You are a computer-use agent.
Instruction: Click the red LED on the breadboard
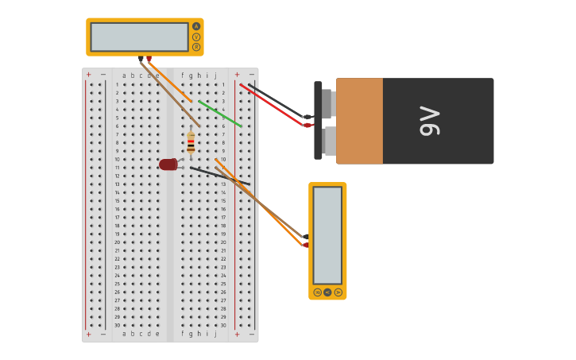coord(168,165)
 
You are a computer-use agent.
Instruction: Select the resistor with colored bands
coord(191,144)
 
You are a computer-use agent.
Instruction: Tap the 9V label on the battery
coord(430,121)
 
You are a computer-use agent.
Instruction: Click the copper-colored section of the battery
coord(359,121)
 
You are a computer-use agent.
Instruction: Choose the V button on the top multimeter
coord(196,37)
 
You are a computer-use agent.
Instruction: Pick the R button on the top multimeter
coord(196,47)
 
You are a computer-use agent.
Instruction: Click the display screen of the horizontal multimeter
coord(139,37)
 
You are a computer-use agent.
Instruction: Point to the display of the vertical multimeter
coord(327,235)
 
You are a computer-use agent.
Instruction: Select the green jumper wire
coord(220,114)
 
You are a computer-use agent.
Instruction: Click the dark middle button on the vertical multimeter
coord(327,292)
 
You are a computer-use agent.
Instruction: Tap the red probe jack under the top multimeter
coord(149,59)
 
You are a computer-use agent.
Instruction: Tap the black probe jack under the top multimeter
coord(141,59)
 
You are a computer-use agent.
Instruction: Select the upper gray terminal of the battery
coord(327,103)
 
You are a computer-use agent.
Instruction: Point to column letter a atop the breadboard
coord(124,75)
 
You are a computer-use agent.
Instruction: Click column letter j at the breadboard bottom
coord(215,334)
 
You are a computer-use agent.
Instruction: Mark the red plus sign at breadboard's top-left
coord(88,75)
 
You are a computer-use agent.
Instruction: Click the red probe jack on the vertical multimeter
coord(306,245)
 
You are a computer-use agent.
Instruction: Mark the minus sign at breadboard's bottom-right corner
coord(252,334)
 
